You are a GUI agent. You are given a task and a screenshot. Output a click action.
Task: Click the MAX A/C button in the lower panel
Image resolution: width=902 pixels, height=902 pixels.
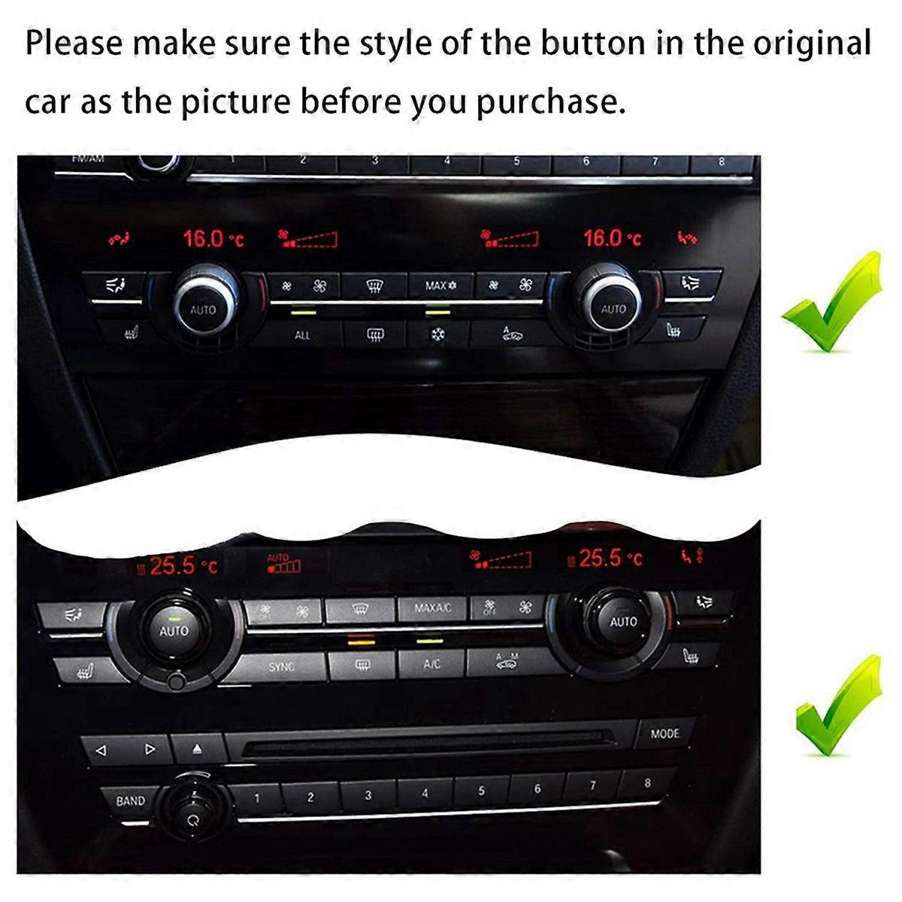[x=432, y=608]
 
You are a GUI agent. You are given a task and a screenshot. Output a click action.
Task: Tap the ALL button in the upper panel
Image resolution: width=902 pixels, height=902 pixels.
[x=302, y=335]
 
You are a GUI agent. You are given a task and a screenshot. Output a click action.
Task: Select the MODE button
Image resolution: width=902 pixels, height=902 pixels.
[x=664, y=734]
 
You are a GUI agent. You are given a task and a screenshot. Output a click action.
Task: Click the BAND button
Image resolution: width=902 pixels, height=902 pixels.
[x=130, y=801]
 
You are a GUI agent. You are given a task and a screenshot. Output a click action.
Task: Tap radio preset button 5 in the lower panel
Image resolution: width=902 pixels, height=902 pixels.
[x=481, y=791]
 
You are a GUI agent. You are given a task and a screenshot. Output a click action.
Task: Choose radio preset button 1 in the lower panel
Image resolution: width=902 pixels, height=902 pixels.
[x=256, y=798]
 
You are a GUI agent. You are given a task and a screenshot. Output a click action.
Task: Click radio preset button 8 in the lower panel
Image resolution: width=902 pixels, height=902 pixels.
[x=647, y=783]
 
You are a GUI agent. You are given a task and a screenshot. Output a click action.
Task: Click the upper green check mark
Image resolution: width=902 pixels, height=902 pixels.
[x=831, y=304]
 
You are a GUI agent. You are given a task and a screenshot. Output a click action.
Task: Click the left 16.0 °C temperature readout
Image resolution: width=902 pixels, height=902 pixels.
[x=213, y=240]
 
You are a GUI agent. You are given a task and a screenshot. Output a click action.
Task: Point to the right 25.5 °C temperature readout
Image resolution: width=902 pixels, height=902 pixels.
[x=610, y=558]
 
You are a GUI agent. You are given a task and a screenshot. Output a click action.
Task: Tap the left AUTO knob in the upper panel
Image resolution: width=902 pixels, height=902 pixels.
[x=202, y=309]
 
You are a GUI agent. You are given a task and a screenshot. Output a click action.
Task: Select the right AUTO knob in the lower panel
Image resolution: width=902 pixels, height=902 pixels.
[x=623, y=622]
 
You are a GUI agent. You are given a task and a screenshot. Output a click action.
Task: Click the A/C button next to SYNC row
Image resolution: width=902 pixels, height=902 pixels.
[x=431, y=664]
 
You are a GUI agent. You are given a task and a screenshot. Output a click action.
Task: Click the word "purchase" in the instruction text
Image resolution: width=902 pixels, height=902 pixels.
[x=550, y=101]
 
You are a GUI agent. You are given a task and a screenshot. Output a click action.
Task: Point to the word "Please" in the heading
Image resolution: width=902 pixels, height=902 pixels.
[x=73, y=44]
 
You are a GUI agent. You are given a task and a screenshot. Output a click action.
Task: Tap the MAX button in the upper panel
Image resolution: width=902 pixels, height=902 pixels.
[x=440, y=286]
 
